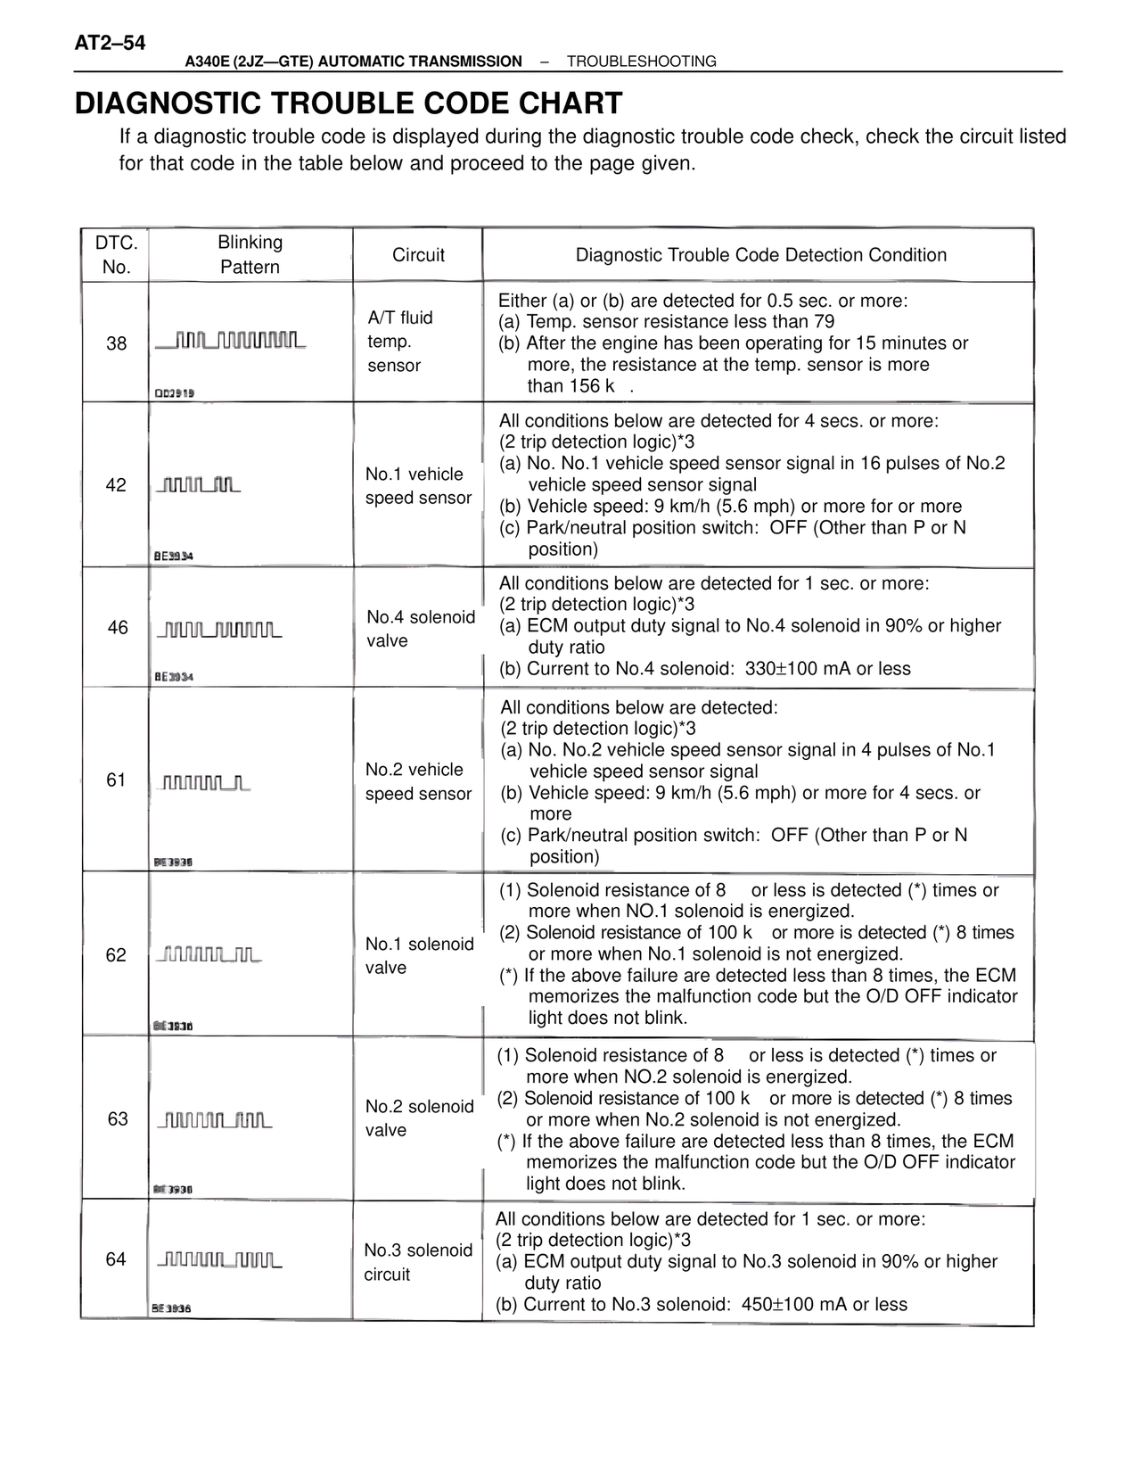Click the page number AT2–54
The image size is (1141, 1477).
111,43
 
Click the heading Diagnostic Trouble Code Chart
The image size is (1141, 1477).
349,103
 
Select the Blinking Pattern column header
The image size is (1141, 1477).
250,254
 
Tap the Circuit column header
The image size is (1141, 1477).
418,255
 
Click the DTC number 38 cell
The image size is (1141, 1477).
116,343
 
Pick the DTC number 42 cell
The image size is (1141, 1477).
116,485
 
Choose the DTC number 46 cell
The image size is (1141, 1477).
118,628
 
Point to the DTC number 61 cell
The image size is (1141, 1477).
116,780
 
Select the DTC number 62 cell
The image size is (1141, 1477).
116,955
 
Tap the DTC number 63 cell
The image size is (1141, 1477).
118,1119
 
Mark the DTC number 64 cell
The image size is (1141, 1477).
116,1259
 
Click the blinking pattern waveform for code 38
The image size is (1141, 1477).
231,341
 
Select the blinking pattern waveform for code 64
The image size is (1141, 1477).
219,1260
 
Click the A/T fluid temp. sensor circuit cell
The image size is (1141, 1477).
399,342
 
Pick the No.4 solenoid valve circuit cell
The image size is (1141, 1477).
420,629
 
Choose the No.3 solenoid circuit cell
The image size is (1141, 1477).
417,1262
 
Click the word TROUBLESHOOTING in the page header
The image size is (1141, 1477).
641,62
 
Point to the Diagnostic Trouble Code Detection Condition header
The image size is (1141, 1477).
760,255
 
